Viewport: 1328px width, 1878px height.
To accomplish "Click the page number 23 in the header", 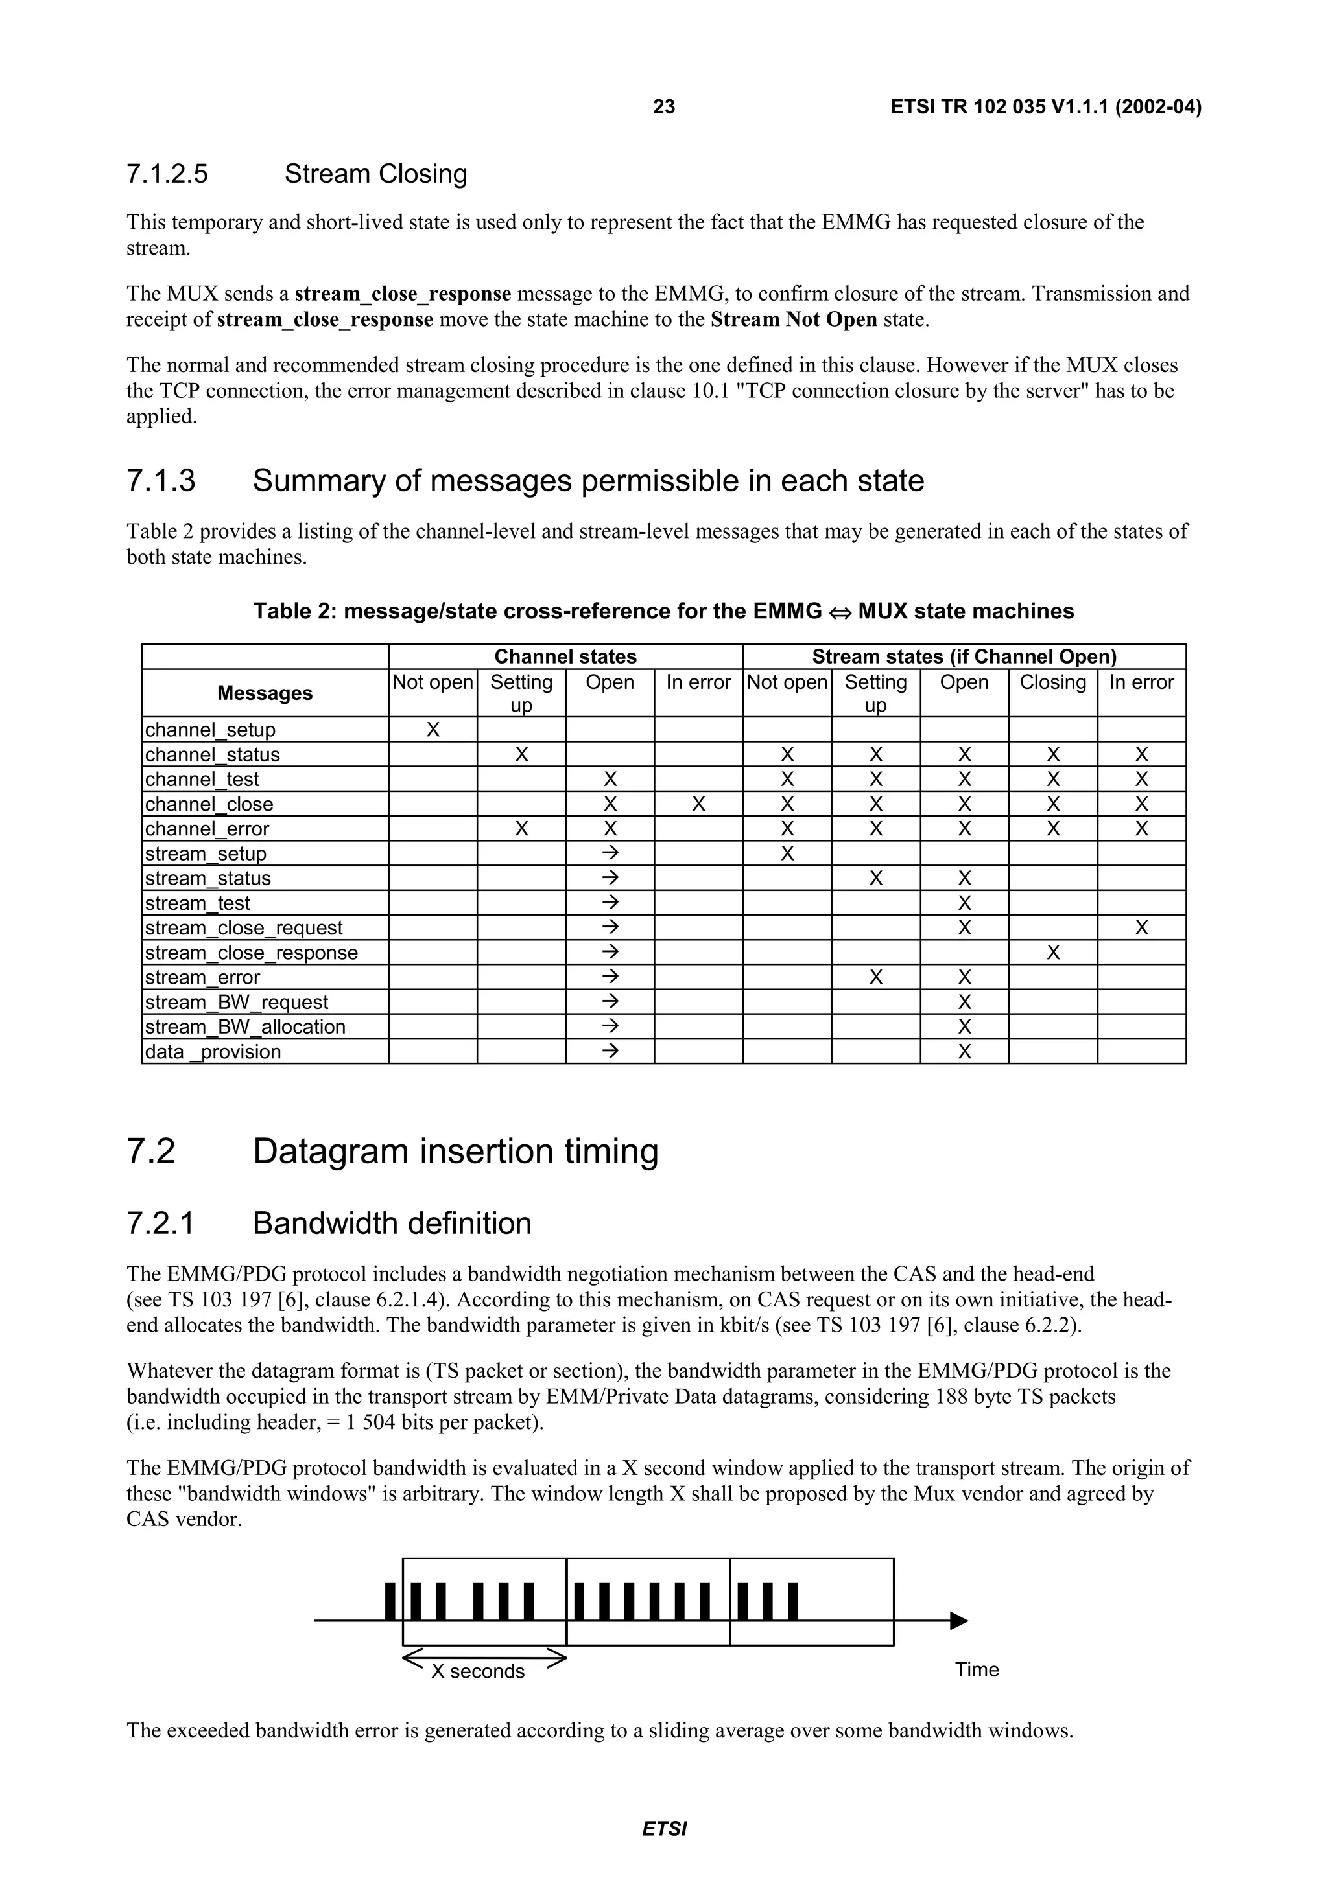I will (x=663, y=107).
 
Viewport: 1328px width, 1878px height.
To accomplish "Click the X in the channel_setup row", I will (x=433, y=730).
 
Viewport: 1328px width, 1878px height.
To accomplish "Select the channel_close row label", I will (x=209, y=804).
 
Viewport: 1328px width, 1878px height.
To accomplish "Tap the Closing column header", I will (x=1052, y=682).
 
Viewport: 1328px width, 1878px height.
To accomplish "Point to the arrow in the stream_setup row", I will (x=610, y=853).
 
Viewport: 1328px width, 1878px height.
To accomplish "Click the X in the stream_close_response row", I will (x=1052, y=953).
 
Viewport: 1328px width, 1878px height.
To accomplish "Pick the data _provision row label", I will (x=213, y=1052).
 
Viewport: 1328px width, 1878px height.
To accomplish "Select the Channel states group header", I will (x=565, y=657).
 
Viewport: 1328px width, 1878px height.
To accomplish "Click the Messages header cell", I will (x=265, y=693).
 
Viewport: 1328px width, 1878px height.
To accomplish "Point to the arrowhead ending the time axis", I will (x=959, y=1620).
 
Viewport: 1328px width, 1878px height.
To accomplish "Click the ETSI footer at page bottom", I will (x=663, y=1829).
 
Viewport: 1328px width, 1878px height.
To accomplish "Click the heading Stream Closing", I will (x=375, y=174).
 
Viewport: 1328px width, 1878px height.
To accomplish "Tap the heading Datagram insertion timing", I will (x=455, y=1151).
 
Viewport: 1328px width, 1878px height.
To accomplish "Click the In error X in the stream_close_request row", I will (x=1141, y=927).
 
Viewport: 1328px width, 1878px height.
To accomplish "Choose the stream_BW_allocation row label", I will (x=246, y=1026).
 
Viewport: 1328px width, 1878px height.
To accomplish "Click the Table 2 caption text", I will (x=663, y=611).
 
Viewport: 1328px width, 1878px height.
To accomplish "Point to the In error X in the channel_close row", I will (x=698, y=804).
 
